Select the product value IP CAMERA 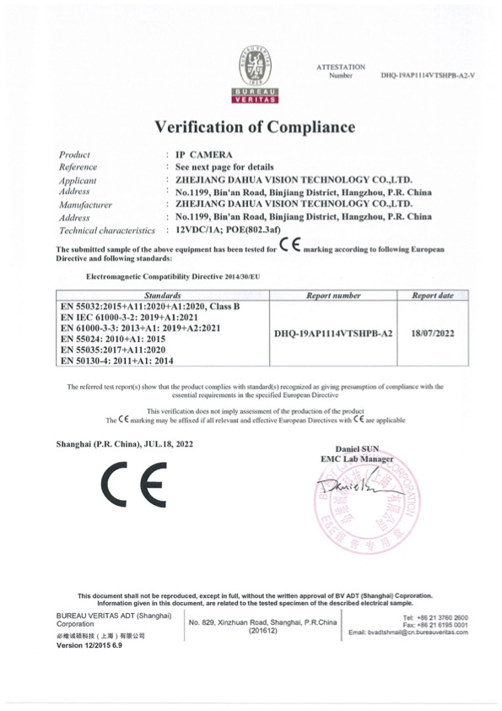[x=204, y=155]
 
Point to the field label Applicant [x=77, y=180]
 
